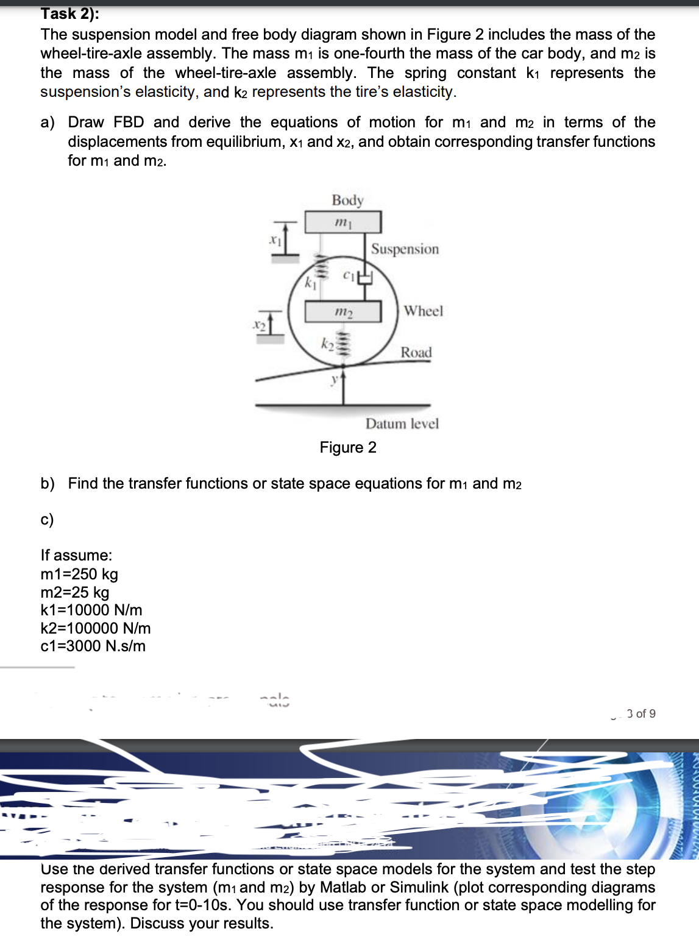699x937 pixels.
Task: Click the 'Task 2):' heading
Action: click(x=69, y=13)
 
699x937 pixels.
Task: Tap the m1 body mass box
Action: click(x=343, y=222)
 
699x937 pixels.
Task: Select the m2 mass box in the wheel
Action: click(x=343, y=311)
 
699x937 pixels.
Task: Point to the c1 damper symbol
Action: click(x=364, y=278)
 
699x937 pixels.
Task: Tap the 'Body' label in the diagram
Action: click(x=347, y=200)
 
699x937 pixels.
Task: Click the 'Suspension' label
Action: click(x=405, y=249)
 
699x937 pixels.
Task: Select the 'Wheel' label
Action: click(x=423, y=311)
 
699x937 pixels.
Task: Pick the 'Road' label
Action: click(x=416, y=352)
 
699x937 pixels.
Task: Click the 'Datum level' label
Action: click(x=402, y=423)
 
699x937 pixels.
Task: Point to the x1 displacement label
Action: click(x=275, y=240)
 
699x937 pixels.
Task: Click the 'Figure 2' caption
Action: click(x=348, y=448)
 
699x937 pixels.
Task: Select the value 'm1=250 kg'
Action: click(x=79, y=574)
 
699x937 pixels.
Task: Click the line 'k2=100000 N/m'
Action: click(x=96, y=628)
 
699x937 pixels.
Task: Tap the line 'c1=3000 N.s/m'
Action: click(x=93, y=646)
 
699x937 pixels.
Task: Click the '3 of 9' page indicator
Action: click(x=641, y=713)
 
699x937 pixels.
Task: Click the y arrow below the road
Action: click(x=343, y=384)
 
